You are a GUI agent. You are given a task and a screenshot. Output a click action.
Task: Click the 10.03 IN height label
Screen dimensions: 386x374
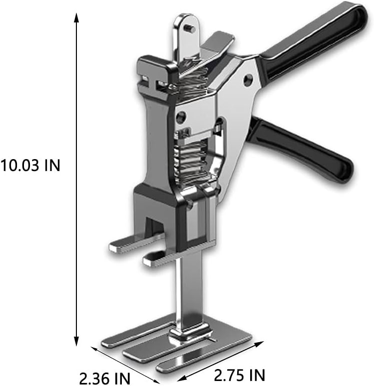point(30,165)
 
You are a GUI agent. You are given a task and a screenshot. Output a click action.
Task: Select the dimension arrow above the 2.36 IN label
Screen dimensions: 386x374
point(125,365)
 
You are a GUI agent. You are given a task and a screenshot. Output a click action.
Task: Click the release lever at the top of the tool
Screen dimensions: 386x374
point(215,45)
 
